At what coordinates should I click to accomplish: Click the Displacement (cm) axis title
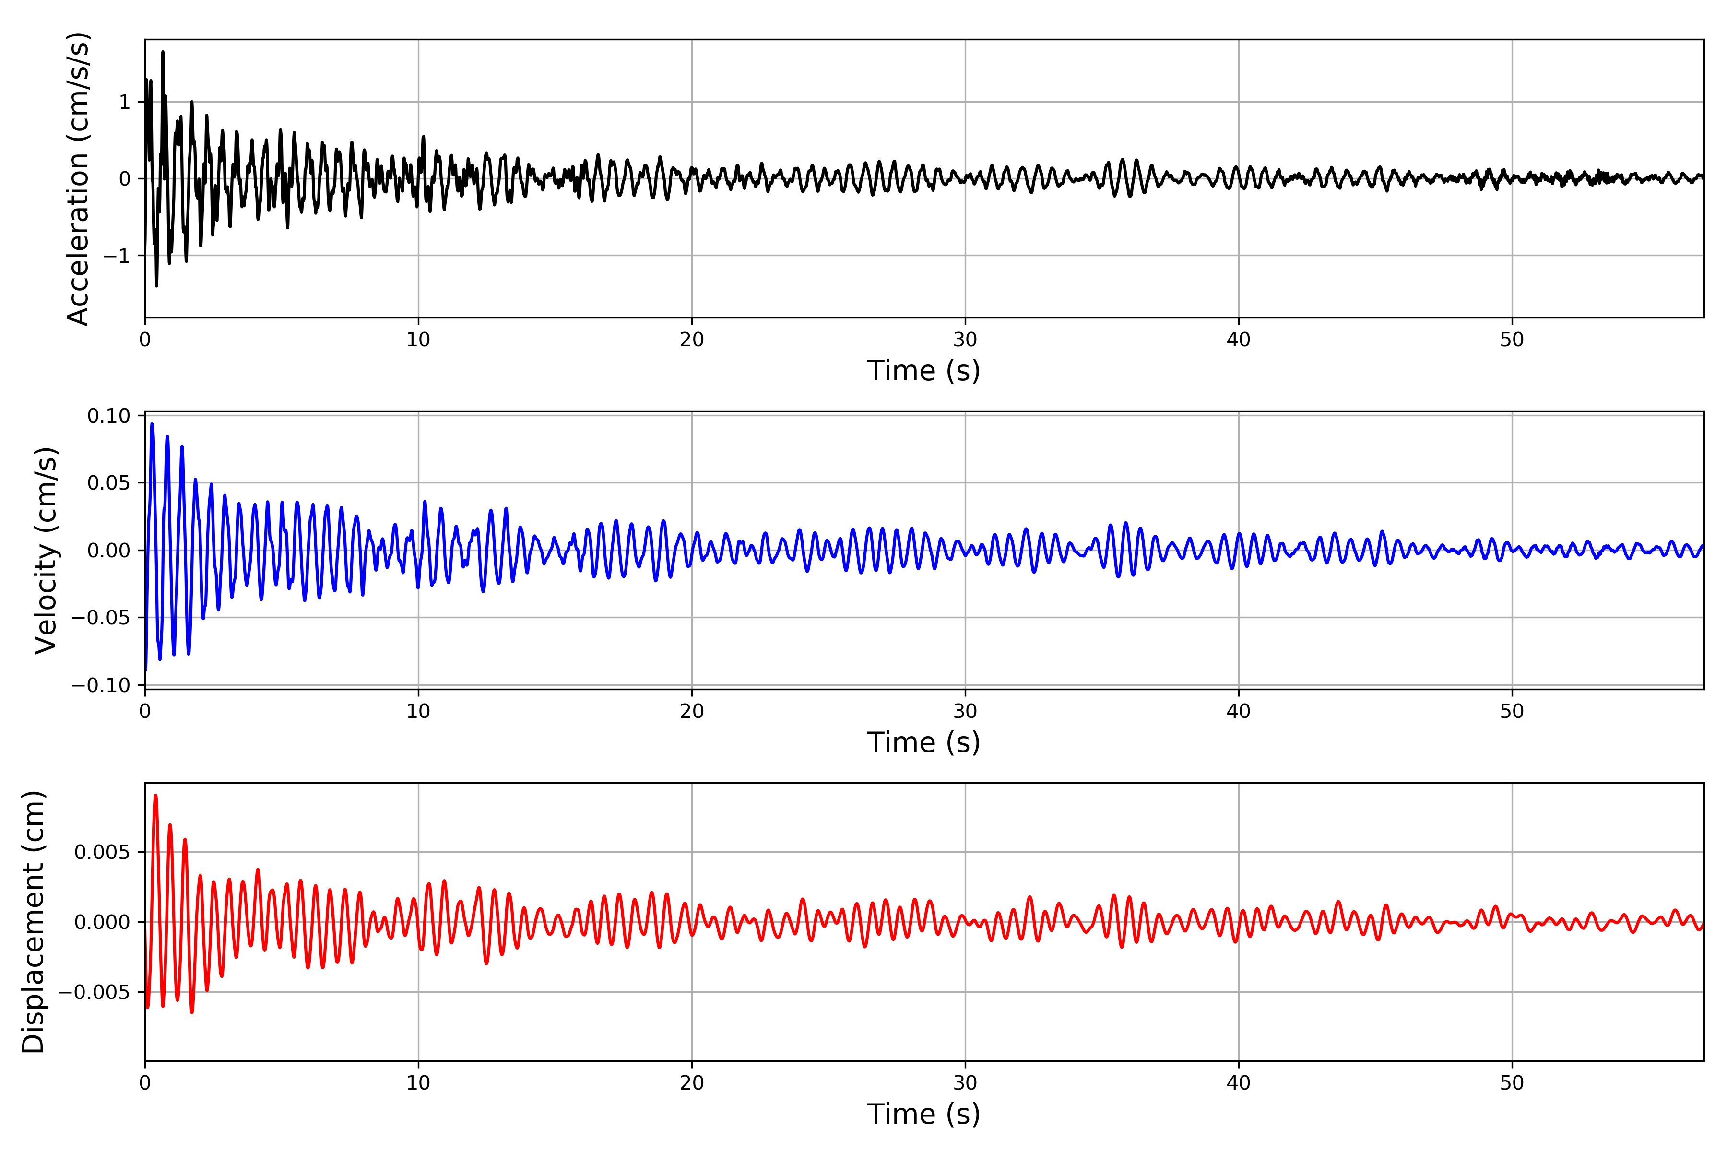[x=34, y=921]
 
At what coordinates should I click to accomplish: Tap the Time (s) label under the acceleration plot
[x=924, y=371]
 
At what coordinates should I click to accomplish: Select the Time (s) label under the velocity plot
[x=924, y=742]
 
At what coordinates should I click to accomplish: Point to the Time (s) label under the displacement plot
[x=924, y=1114]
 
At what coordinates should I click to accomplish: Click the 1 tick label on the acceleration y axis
[x=125, y=102]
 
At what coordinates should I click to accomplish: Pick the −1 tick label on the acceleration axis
[x=117, y=256]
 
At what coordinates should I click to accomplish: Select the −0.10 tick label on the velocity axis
[x=101, y=685]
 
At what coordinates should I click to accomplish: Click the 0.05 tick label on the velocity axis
[x=109, y=483]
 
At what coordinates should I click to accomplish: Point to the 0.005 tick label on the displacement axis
[x=102, y=852]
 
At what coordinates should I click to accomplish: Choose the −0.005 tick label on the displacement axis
[x=94, y=992]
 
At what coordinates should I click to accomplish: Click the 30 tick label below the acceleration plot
[x=965, y=340]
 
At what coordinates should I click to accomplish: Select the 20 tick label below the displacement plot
[x=692, y=1083]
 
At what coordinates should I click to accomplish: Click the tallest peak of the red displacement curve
[x=155, y=795]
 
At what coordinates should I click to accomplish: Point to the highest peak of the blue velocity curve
[x=152, y=423]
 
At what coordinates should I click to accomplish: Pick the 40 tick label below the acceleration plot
[x=1238, y=340]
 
